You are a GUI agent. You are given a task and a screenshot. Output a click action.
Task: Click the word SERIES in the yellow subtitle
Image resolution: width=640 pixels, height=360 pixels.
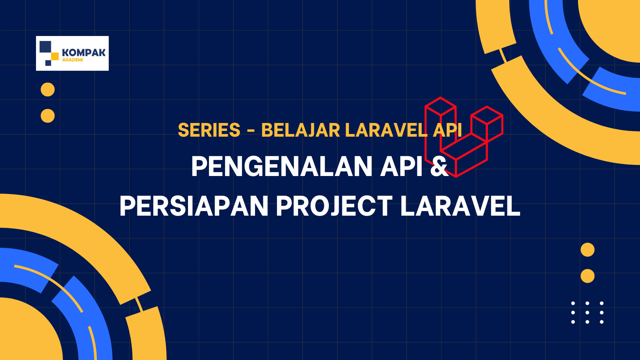(209, 130)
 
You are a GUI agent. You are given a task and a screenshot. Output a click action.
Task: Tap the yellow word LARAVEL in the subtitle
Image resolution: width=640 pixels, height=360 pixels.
(386, 130)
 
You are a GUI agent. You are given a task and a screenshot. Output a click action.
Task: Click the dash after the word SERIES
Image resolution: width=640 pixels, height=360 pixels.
(251, 131)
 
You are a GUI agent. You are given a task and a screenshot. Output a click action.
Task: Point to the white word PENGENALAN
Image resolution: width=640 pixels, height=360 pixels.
(282, 166)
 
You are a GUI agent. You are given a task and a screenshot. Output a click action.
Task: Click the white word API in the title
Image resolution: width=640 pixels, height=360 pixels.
(402, 166)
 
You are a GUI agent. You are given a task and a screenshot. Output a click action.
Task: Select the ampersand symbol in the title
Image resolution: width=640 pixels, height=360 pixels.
(439, 166)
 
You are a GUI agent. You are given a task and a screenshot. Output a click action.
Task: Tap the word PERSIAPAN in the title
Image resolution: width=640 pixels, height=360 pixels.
(194, 206)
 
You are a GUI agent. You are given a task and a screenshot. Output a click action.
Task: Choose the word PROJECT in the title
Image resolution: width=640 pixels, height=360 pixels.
(335, 206)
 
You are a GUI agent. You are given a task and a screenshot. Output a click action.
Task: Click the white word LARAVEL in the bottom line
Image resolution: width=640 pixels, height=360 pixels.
(460, 206)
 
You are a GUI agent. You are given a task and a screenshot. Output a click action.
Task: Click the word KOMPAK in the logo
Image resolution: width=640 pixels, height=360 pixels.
(84, 53)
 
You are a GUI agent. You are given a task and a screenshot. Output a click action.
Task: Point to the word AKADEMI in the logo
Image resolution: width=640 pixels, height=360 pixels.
(73, 60)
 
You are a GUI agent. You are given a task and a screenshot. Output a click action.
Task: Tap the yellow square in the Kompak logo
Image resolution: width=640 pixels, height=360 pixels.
(55, 57)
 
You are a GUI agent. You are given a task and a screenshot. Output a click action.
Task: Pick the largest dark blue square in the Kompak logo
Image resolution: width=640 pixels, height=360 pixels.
(45, 47)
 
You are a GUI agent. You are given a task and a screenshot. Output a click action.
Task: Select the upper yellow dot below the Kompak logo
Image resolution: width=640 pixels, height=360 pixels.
(48, 90)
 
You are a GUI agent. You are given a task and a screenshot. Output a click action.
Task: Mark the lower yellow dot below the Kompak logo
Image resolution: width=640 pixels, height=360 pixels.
(48, 116)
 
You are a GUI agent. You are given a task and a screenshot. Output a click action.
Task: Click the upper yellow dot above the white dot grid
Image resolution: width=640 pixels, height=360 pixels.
(587, 250)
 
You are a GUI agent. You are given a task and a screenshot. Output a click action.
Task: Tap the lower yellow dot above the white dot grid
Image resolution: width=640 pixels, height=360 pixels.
(587, 276)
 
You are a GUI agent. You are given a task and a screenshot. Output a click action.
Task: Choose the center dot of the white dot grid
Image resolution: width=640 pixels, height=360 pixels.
(587, 313)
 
